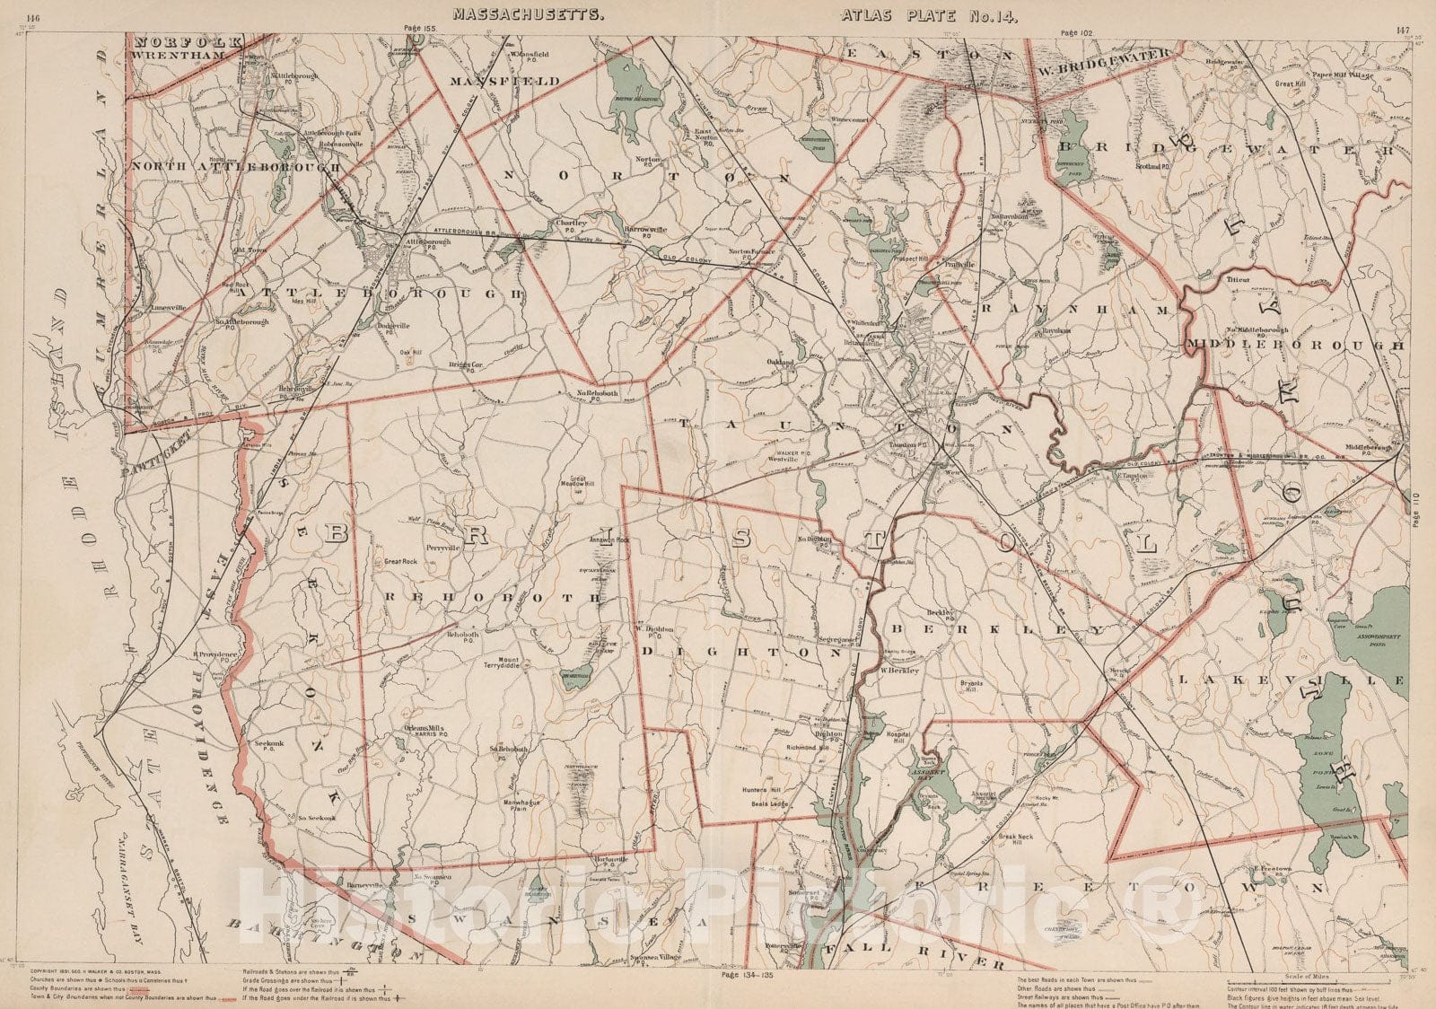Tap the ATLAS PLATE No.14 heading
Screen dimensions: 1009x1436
(x=930, y=14)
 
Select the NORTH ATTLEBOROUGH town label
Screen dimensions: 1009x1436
(x=236, y=166)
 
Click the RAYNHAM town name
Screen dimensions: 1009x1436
(x=1077, y=309)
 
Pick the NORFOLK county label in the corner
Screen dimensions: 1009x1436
(x=186, y=41)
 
